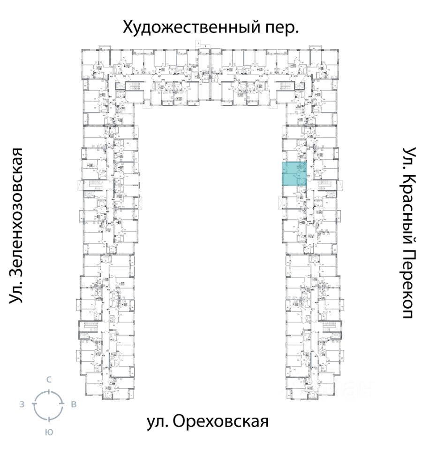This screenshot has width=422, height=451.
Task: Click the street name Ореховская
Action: tap(221, 421)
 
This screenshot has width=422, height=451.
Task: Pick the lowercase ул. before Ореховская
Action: tap(157, 421)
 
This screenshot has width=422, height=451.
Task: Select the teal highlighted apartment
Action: tap(294, 173)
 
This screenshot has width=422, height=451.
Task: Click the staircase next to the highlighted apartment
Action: tap(325, 185)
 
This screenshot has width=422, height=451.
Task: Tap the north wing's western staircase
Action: tap(135, 86)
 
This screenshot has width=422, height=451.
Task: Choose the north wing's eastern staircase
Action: tap(286, 86)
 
